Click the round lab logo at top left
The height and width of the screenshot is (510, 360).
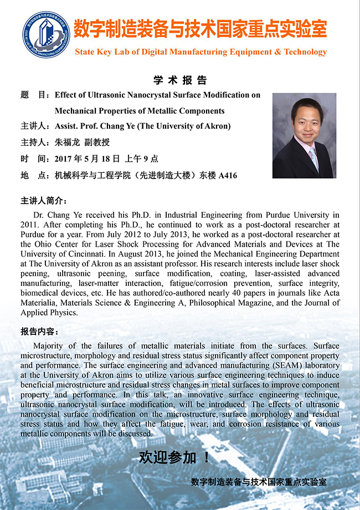[x=45, y=34]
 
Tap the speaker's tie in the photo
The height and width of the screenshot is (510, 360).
[x=313, y=157]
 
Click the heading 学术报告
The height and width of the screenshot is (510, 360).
[x=180, y=80]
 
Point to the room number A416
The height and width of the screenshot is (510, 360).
[x=228, y=176]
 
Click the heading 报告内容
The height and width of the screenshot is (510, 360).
[x=39, y=331]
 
